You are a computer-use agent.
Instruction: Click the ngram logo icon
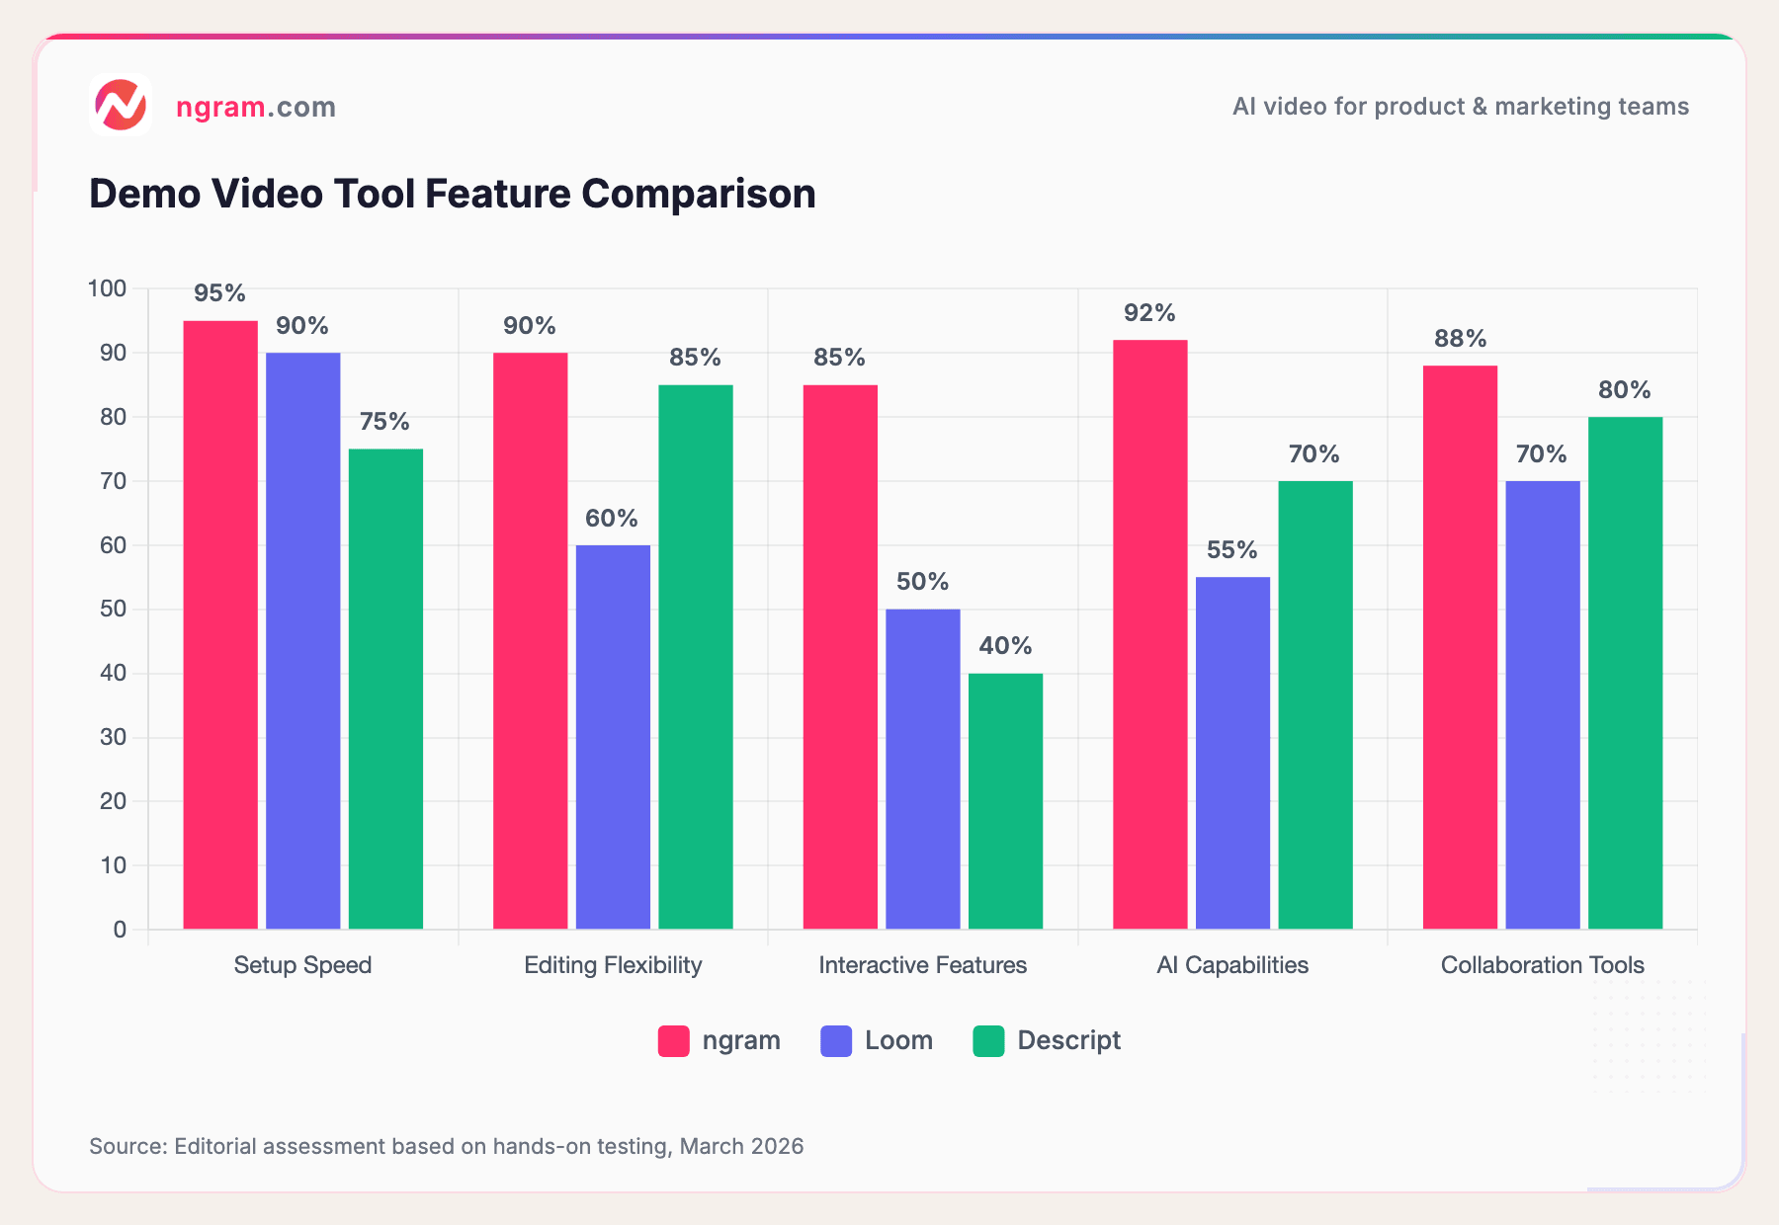coord(120,105)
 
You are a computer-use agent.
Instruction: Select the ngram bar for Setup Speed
coord(220,624)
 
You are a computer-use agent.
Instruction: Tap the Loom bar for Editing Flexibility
coord(613,736)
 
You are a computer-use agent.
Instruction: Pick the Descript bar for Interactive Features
coord(1005,800)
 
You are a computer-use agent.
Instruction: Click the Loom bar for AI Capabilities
coord(1232,753)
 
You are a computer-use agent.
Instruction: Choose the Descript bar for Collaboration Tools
coord(1625,672)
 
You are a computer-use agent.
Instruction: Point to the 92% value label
coord(1149,313)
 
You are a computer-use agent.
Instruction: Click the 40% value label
coord(1005,646)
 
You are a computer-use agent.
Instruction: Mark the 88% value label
coord(1460,339)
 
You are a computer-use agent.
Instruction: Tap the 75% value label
coord(384,422)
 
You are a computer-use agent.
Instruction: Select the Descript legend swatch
coord(988,1041)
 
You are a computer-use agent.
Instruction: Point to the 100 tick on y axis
coord(107,288)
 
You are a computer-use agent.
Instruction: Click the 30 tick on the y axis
coord(113,737)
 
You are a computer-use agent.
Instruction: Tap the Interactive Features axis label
coord(922,965)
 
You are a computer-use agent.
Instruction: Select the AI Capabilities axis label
coord(1232,965)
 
